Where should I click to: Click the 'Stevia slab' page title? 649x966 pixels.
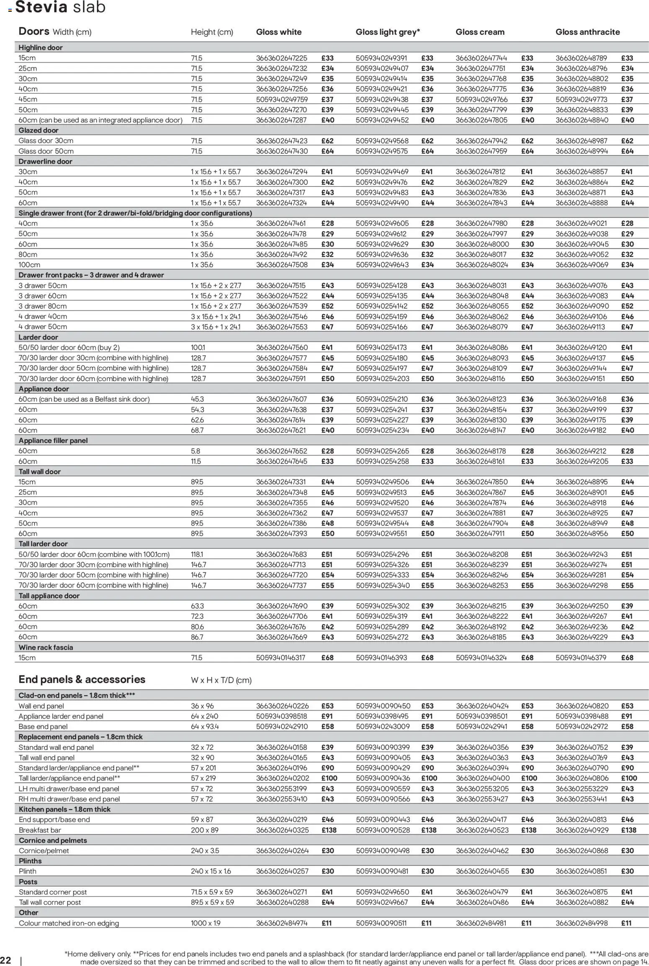pyautogui.click(x=60, y=7)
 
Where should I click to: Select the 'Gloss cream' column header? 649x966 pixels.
pyautogui.click(x=480, y=32)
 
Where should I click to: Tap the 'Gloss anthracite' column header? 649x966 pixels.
pyautogui.click(x=587, y=32)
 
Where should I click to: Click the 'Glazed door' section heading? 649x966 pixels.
pyautogui.click(x=39, y=130)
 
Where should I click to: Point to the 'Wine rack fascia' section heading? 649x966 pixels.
pyautogui.click(x=46, y=647)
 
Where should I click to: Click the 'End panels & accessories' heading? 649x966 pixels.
pyautogui.click(x=82, y=679)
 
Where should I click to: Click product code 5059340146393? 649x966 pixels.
pyautogui.click(x=381, y=658)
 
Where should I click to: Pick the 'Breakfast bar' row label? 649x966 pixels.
pyautogui.click(x=40, y=830)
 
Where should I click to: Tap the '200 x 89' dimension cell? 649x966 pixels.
pyautogui.click(x=204, y=830)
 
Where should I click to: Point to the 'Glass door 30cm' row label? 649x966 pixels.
pyautogui.click(x=46, y=141)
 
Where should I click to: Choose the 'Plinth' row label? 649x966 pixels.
pyautogui.click(x=28, y=871)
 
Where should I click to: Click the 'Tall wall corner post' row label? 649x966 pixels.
pyautogui.click(x=50, y=902)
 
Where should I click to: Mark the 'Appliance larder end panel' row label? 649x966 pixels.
pyautogui.click(x=61, y=716)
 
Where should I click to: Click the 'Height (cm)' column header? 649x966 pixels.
pyautogui.click(x=212, y=32)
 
